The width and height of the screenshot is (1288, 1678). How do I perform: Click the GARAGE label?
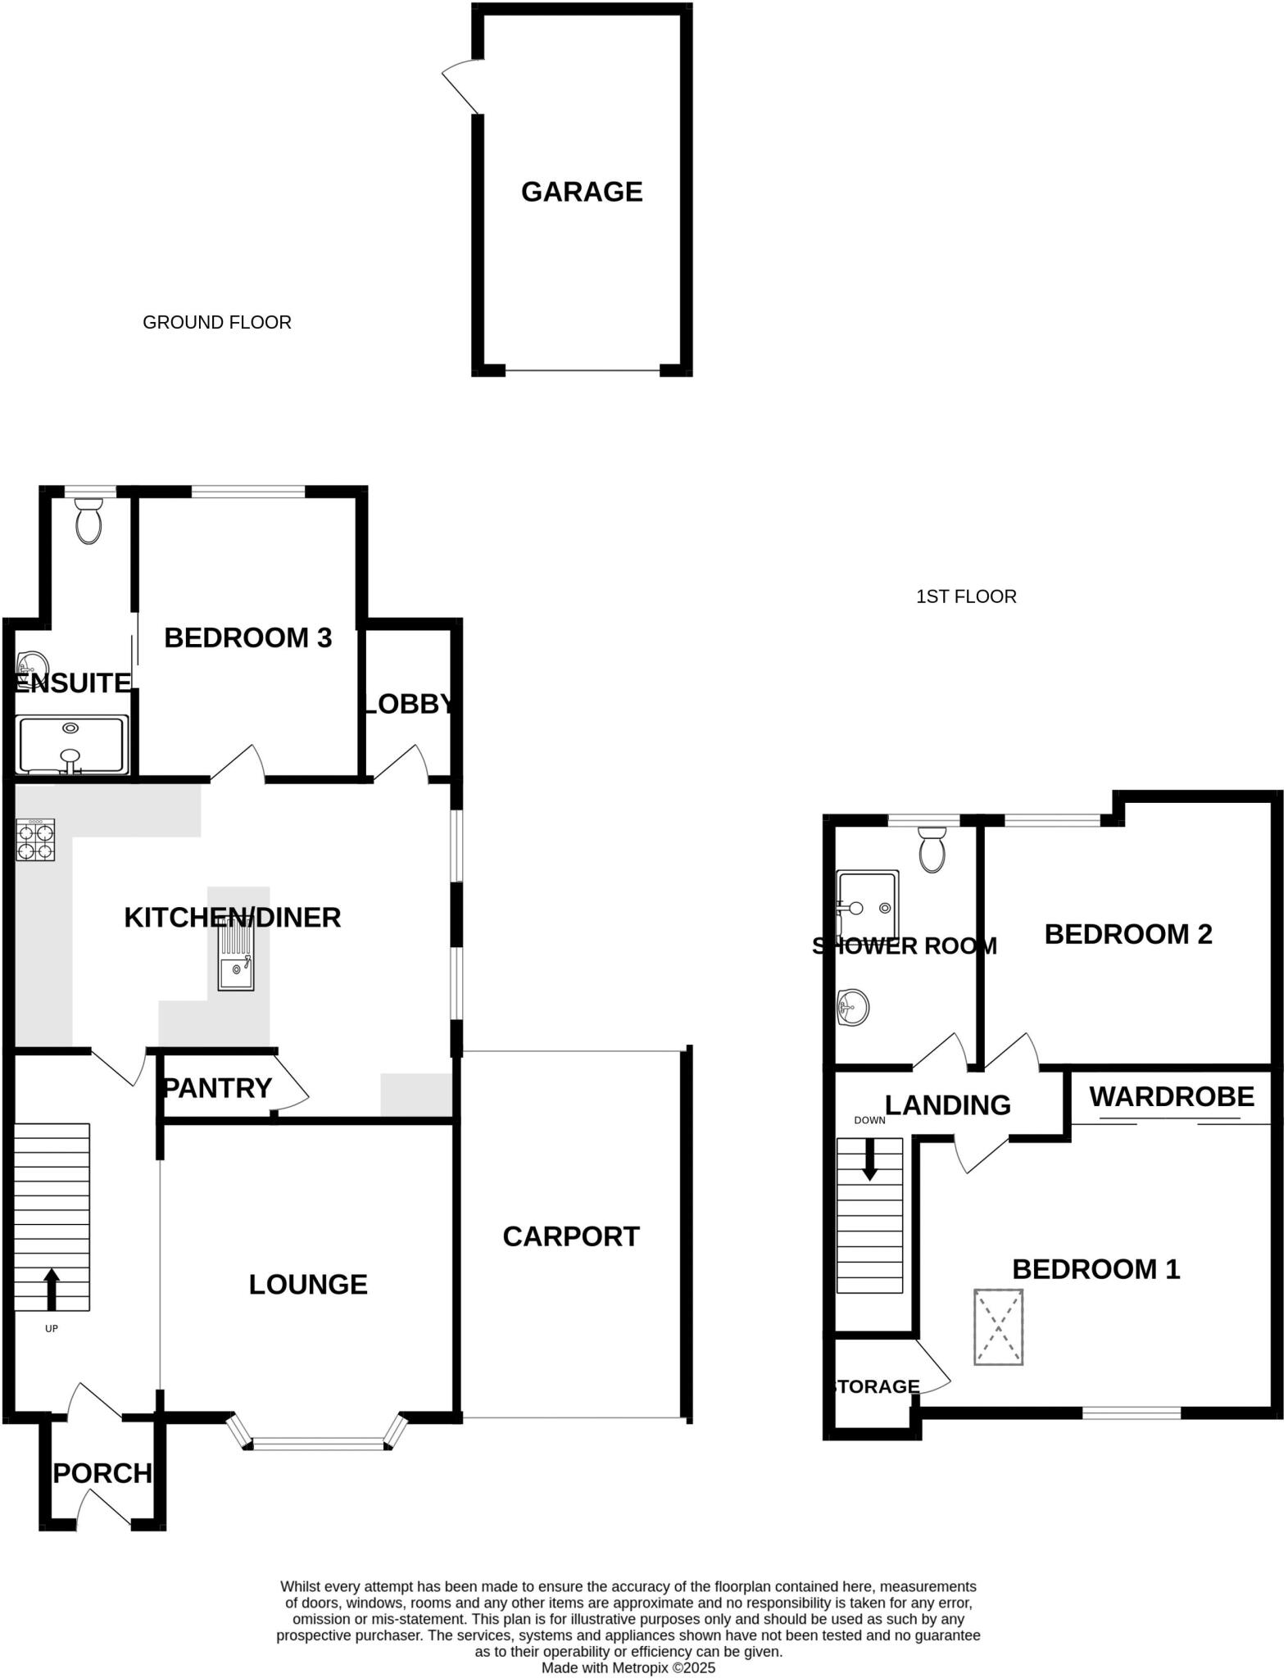582,192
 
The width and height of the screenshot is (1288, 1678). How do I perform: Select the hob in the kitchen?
35,840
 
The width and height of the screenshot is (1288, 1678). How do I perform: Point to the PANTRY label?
218,1088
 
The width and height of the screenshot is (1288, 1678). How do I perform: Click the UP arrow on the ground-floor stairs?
52,1288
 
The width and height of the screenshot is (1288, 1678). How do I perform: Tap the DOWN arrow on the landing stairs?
869,1159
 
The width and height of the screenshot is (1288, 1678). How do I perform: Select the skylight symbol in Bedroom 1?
998,1327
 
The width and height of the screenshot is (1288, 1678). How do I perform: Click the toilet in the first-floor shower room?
932,850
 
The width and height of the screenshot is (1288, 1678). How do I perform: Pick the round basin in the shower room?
853,1006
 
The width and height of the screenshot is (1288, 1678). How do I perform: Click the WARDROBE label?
1172,1097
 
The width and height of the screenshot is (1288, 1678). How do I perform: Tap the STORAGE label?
876,1386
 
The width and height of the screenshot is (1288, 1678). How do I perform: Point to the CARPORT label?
571,1236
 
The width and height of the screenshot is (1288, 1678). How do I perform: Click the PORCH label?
102,1473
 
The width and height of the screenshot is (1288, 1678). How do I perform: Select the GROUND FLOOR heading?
217,323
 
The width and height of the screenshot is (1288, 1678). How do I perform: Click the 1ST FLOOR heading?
966,596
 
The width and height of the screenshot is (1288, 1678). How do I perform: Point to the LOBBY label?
408,704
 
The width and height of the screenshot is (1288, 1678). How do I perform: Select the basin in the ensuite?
33,662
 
